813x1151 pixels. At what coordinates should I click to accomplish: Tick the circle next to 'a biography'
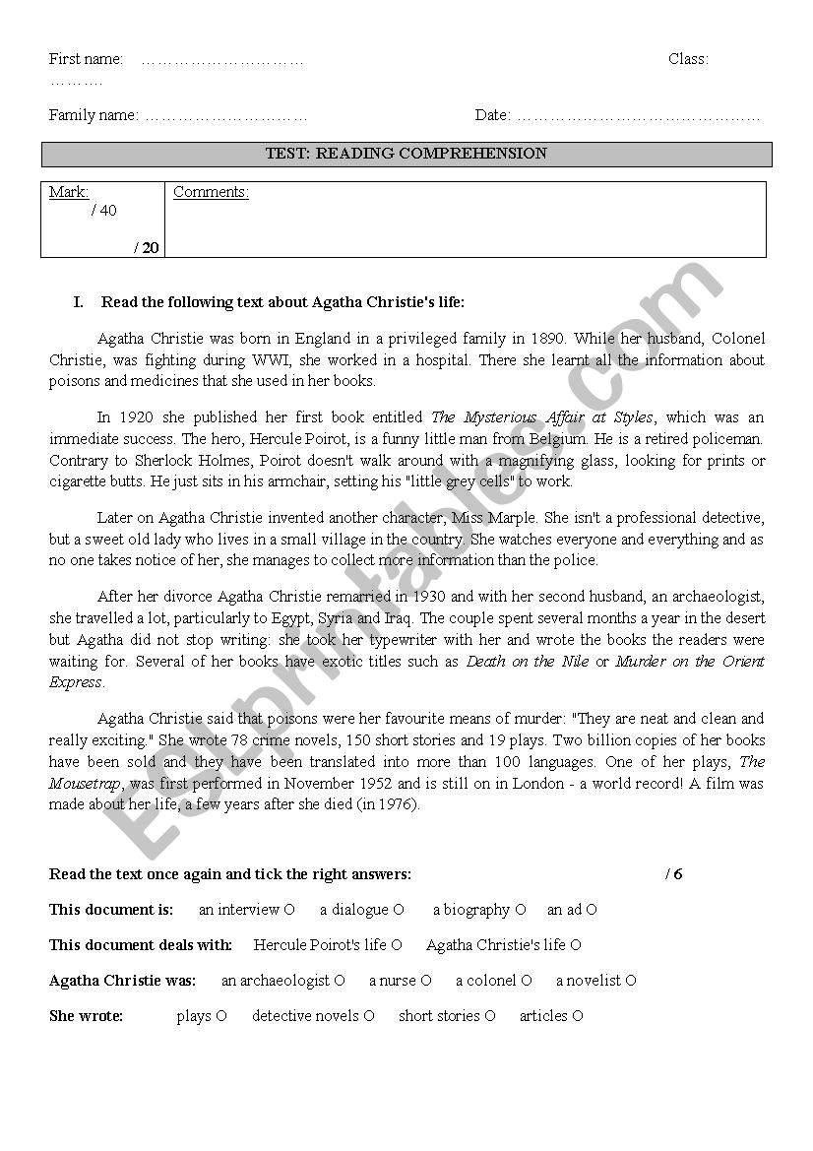click(521, 910)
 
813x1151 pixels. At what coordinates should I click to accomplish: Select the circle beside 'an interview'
click(289, 910)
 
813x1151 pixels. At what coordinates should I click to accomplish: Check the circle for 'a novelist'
click(631, 981)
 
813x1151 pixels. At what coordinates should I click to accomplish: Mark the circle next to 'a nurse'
click(426, 981)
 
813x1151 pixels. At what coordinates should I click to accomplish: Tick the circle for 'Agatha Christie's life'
click(576, 945)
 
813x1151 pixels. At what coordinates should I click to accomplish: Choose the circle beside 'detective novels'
click(369, 1016)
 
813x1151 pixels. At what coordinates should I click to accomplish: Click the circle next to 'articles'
click(578, 1016)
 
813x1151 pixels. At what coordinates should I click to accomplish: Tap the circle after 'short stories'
click(490, 1016)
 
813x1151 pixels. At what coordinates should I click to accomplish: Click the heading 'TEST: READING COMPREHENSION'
click(406, 154)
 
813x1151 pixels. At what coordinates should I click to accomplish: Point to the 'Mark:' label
click(69, 192)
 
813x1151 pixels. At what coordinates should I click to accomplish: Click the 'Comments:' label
click(211, 192)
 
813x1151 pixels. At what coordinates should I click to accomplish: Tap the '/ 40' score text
click(103, 211)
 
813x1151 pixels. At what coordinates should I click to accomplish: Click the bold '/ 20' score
click(147, 247)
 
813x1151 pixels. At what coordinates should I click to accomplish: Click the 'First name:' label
click(86, 59)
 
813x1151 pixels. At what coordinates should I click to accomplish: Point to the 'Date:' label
click(492, 115)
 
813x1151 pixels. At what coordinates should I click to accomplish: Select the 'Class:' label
click(688, 59)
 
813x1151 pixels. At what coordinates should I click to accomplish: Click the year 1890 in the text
click(546, 339)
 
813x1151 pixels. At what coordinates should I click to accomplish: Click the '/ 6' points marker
click(673, 874)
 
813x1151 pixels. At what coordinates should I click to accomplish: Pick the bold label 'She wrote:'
click(86, 1016)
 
